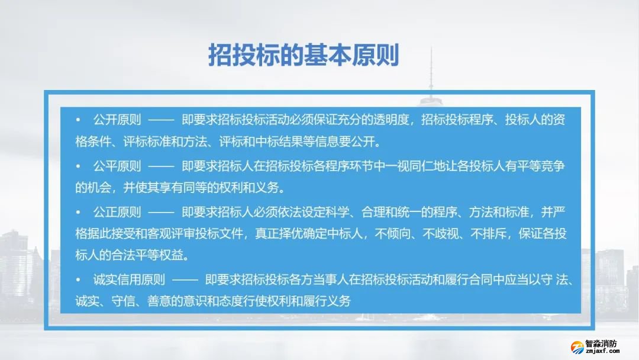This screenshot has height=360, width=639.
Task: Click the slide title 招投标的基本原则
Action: (x=304, y=55)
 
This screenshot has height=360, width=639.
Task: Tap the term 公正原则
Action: (x=117, y=212)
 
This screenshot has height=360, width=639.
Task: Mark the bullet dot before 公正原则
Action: (x=78, y=212)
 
